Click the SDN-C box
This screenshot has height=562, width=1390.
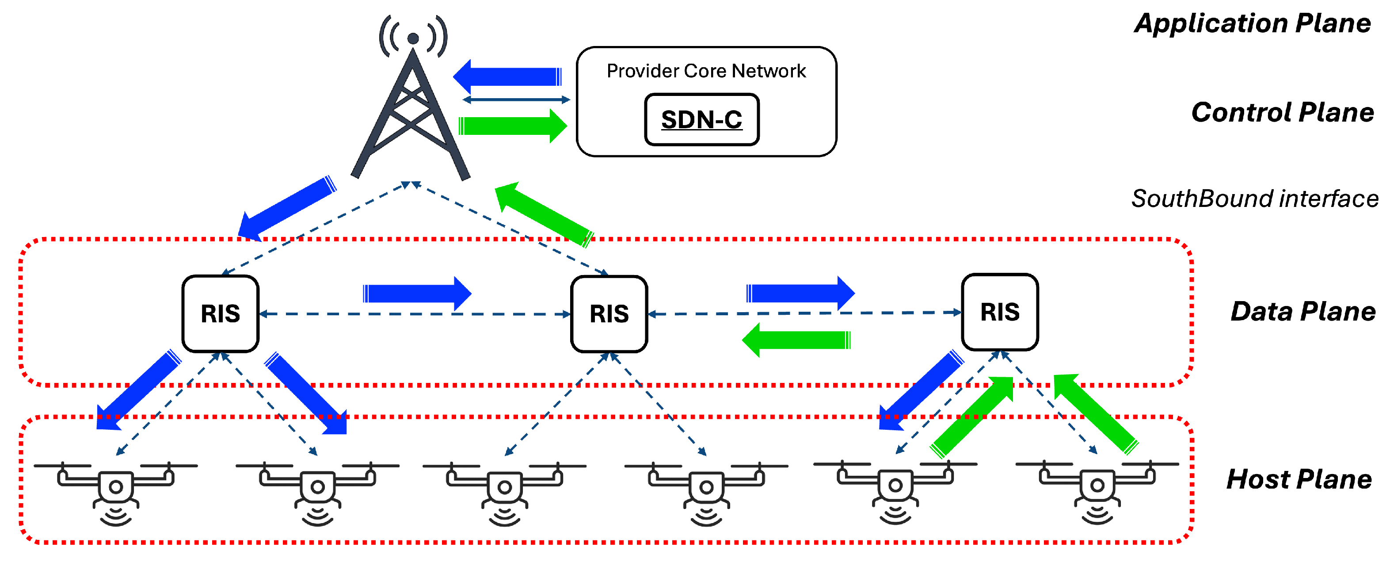[701, 119]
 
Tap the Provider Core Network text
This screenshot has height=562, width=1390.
[706, 71]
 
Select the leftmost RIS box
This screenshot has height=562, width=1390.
[220, 313]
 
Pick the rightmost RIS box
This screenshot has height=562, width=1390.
[1000, 312]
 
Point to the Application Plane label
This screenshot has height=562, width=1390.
[1253, 23]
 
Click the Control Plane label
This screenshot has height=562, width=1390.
[1283, 112]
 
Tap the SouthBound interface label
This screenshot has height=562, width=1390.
[1255, 199]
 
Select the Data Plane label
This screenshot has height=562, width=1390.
[1303, 311]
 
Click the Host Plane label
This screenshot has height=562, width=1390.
[1299, 479]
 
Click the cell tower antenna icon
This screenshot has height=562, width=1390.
[411, 97]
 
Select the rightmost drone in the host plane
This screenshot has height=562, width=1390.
[1097, 492]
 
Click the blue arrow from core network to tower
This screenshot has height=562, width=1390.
[507, 76]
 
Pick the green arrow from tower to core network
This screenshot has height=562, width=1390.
[513, 126]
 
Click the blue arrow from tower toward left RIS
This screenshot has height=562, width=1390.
[288, 208]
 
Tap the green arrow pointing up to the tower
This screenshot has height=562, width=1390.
[545, 215]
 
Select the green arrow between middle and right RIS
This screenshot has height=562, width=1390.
[796, 340]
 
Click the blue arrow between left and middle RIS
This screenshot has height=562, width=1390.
[417, 294]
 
